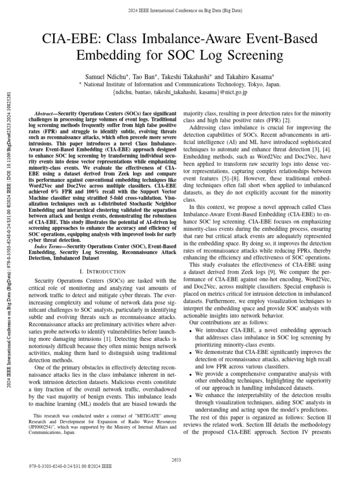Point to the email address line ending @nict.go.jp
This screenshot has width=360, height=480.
click(x=180, y=92)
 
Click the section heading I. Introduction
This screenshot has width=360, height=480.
click(x=103, y=271)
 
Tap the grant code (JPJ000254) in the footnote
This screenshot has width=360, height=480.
click(x=41, y=427)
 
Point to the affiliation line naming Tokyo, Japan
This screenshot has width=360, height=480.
click(x=180, y=84)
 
